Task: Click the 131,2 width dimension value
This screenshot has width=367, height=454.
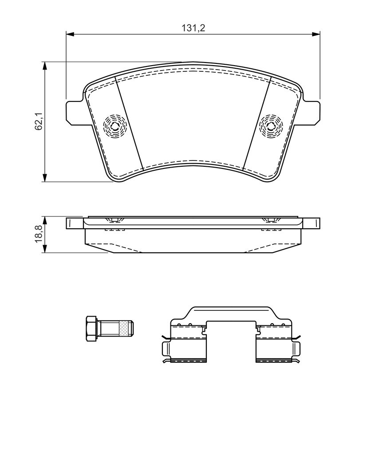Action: tap(193, 28)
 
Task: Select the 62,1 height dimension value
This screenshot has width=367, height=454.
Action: tap(39, 121)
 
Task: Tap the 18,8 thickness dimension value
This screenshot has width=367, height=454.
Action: tap(39, 235)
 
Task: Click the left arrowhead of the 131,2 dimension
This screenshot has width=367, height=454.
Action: tap(71, 35)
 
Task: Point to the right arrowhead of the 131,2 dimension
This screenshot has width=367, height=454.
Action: tap(316, 35)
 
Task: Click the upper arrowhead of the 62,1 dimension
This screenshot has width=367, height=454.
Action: tap(44, 66)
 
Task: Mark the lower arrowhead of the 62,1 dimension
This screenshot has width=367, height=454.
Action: tap(44, 177)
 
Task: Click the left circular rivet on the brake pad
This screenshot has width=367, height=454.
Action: tap(115, 126)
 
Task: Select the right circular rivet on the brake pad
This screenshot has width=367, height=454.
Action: tap(271, 126)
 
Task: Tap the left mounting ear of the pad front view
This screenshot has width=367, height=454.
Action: tap(75, 113)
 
